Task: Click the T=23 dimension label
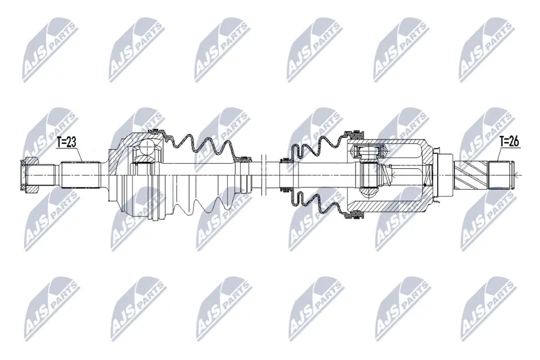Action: pyautogui.click(x=66, y=143)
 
